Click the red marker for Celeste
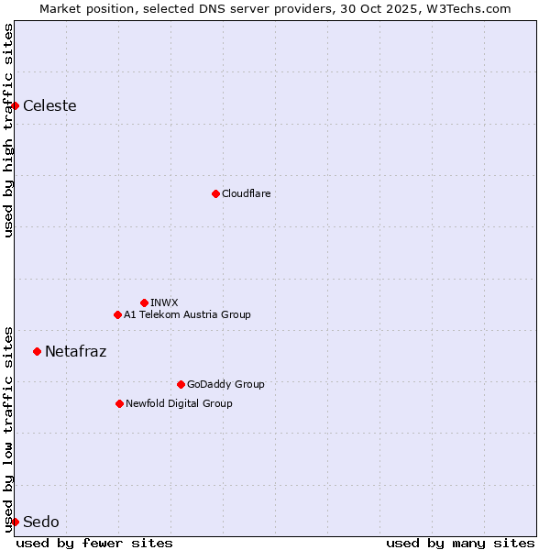[15, 105]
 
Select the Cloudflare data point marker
[215, 193]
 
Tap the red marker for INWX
[144, 302]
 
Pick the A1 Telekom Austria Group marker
[117, 314]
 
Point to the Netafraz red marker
[37, 351]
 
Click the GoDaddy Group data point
[181, 384]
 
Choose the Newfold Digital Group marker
[119, 403]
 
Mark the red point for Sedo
[15, 522]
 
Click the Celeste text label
[49, 105]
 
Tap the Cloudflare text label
[246, 193]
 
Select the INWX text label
[164, 302]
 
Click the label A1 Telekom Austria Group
[187, 314]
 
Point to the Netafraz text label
[75, 351]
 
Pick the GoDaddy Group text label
[225, 384]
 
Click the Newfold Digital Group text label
[179, 403]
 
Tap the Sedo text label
[40, 522]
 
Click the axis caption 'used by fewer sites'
[94, 543]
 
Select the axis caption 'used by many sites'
[460, 543]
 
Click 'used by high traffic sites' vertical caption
[8, 130]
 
